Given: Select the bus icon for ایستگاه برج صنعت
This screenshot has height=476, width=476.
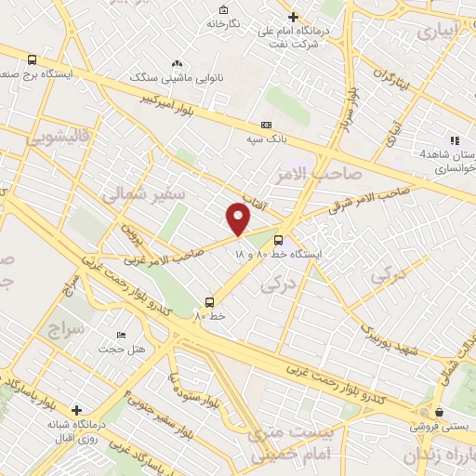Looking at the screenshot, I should point(33,59).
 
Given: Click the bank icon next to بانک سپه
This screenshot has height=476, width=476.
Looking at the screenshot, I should point(267,125).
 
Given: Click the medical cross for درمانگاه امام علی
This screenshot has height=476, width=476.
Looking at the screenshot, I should point(293,17).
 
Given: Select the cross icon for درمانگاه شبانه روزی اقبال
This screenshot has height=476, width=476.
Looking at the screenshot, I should point(76,409).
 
